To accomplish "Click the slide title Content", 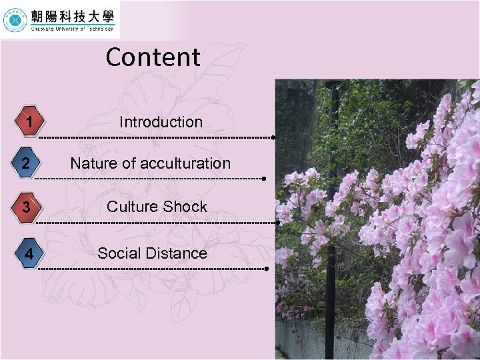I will pyautogui.click(x=153, y=57).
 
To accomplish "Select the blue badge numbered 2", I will pyautogui.click(x=26, y=164).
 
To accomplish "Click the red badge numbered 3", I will pyautogui.click(x=26, y=207).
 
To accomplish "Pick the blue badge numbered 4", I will pyautogui.click(x=27, y=254).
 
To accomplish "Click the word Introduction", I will pyautogui.click(x=161, y=122).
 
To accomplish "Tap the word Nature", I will pyautogui.click(x=91, y=163).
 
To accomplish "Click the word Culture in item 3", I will pyautogui.click(x=131, y=207).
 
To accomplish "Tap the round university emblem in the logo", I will pyautogui.click(x=15, y=20).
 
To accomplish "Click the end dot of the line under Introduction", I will pyautogui.click(x=274, y=137).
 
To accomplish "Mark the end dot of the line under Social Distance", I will pyautogui.click(x=266, y=269).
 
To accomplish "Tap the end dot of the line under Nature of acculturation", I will pyautogui.click(x=265, y=179).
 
